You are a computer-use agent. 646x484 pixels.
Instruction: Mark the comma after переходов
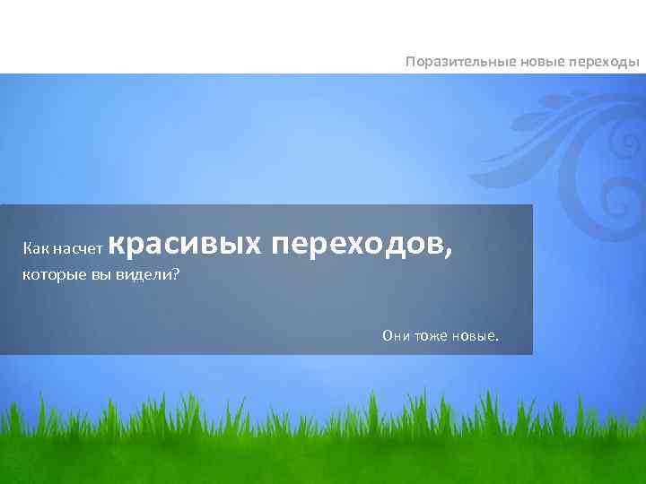pos(447,252)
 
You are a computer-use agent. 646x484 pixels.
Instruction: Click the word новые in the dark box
pos(478,336)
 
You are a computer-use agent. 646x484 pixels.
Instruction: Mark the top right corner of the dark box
pos(531,205)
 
